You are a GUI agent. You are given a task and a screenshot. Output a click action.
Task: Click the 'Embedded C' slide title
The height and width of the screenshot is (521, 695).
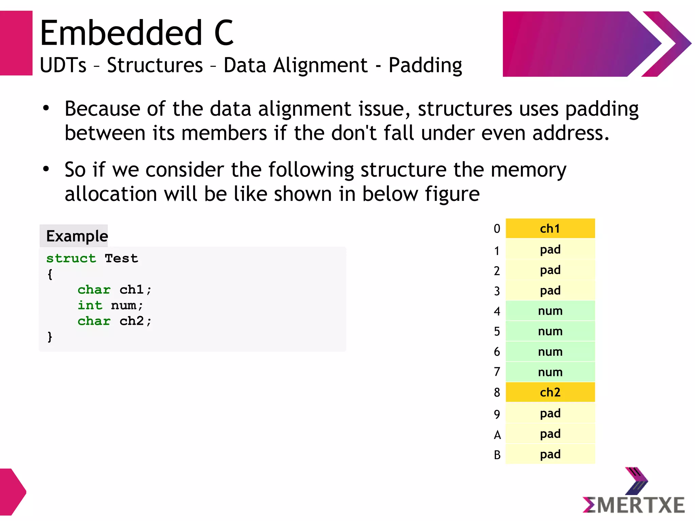[x=136, y=33]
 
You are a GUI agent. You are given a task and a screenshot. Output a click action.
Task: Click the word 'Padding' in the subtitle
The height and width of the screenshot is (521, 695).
[x=425, y=65]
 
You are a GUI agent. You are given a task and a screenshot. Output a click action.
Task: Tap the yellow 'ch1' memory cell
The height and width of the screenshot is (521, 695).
[x=550, y=228]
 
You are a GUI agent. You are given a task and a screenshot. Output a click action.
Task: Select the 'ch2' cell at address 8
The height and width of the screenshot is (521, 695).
[x=550, y=392]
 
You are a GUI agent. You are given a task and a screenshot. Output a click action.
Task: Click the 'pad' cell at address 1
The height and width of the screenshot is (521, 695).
[x=550, y=249]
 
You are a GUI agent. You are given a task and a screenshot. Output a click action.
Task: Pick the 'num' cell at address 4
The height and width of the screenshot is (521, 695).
[x=550, y=311]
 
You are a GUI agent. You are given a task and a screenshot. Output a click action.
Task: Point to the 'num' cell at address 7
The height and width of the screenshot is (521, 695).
[x=550, y=372]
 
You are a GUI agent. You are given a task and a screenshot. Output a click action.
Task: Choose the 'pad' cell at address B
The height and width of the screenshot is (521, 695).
[x=550, y=454]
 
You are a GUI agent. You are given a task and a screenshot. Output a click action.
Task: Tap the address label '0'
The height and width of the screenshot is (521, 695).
[x=497, y=229]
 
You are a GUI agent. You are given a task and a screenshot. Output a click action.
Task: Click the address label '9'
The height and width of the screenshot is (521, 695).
[x=497, y=414]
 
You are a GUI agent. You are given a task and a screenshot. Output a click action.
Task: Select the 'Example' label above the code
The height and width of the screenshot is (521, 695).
[x=77, y=236]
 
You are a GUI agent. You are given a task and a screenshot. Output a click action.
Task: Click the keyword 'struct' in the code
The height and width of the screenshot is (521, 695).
[x=71, y=258]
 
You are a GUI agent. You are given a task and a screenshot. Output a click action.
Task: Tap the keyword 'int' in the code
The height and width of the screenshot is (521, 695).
[x=90, y=305]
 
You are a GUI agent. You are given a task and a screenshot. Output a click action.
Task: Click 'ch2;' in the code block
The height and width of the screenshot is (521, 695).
[x=135, y=321]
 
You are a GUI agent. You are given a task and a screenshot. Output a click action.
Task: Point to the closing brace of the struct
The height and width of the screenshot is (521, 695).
[x=50, y=337]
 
